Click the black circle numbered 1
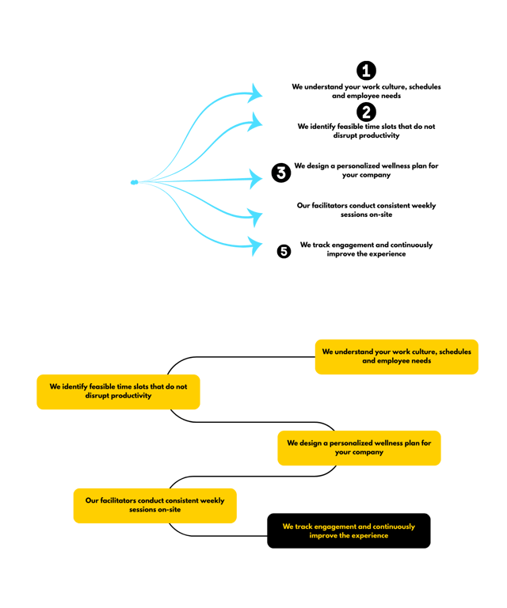click(x=366, y=70)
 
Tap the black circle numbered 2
click(x=366, y=112)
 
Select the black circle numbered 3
click(x=281, y=173)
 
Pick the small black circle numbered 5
click(x=284, y=251)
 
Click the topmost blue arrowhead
click(x=255, y=93)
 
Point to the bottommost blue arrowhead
click(x=255, y=245)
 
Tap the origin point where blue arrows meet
click(x=133, y=183)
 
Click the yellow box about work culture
click(x=396, y=356)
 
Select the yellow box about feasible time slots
click(x=118, y=391)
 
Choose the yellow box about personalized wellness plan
click(x=359, y=447)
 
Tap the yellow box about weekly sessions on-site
click(x=154, y=505)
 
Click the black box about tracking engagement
click(x=349, y=530)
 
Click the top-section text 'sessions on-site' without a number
click(x=366, y=215)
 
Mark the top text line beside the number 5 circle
click(x=366, y=245)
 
